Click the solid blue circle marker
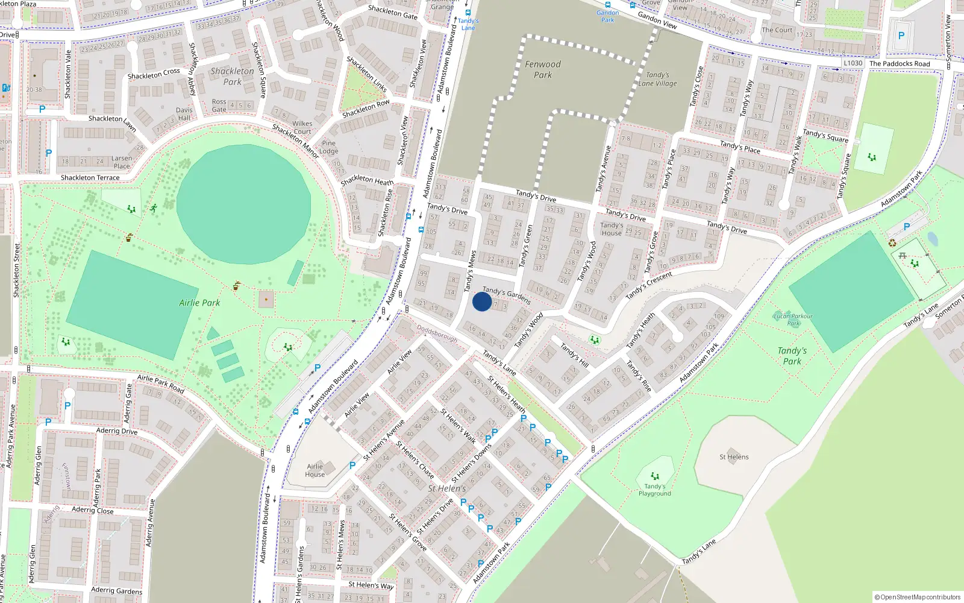tap(482, 301)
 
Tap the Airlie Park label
tap(199, 303)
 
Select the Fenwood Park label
tap(542, 69)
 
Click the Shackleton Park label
tap(232, 76)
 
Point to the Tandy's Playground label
tap(655, 490)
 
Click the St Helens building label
tap(734, 457)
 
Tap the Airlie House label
tap(315, 470)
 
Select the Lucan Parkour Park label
tap(793, 319)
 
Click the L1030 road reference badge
tap(853, 63)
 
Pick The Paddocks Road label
tap(900, 63)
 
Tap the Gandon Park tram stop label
tap(607, 16)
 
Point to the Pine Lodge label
tap(329, 147)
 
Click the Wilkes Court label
tap(302, 127)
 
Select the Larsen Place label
tap(122, 162)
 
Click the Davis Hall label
tap(184, 114)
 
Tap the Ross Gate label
tap(219, 106)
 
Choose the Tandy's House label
tap(612, 229)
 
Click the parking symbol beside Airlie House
tap(352, 465)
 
